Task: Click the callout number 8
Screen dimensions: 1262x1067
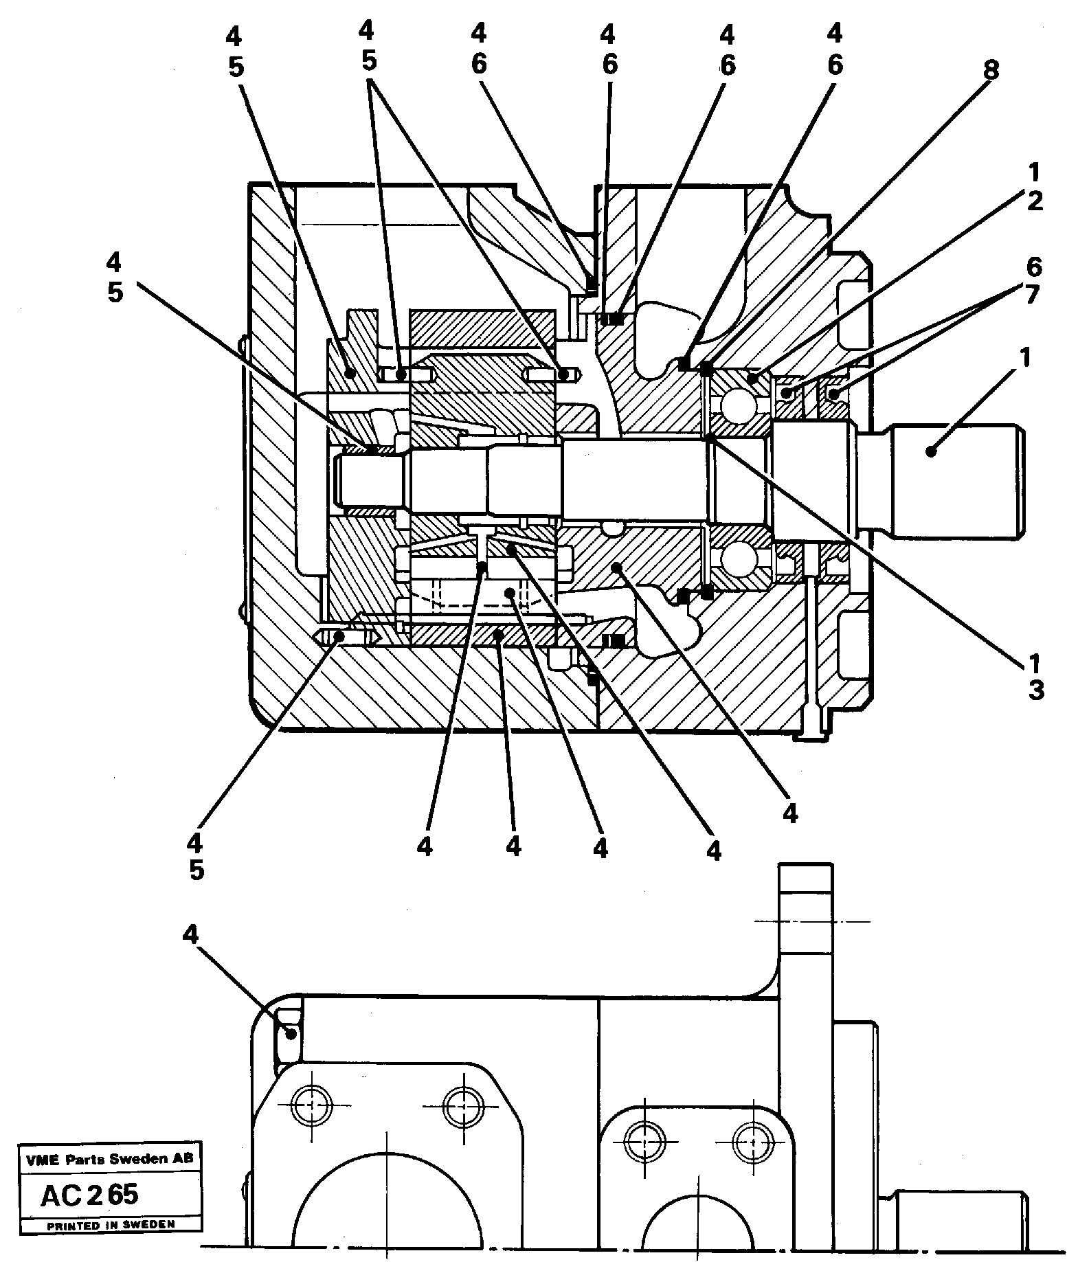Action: point(990,69)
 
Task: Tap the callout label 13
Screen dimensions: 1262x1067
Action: point(1034,677)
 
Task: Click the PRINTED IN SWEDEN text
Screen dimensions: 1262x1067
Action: point(110,1224)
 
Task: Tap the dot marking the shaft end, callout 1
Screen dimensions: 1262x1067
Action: point(931,451)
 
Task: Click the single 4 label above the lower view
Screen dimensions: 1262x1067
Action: point(191,934)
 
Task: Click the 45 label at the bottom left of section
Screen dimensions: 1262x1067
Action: point(196,856)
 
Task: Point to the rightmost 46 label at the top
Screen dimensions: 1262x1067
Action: point(835,49)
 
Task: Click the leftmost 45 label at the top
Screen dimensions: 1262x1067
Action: point(235,51)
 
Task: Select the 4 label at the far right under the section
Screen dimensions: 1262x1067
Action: point(790,815)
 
